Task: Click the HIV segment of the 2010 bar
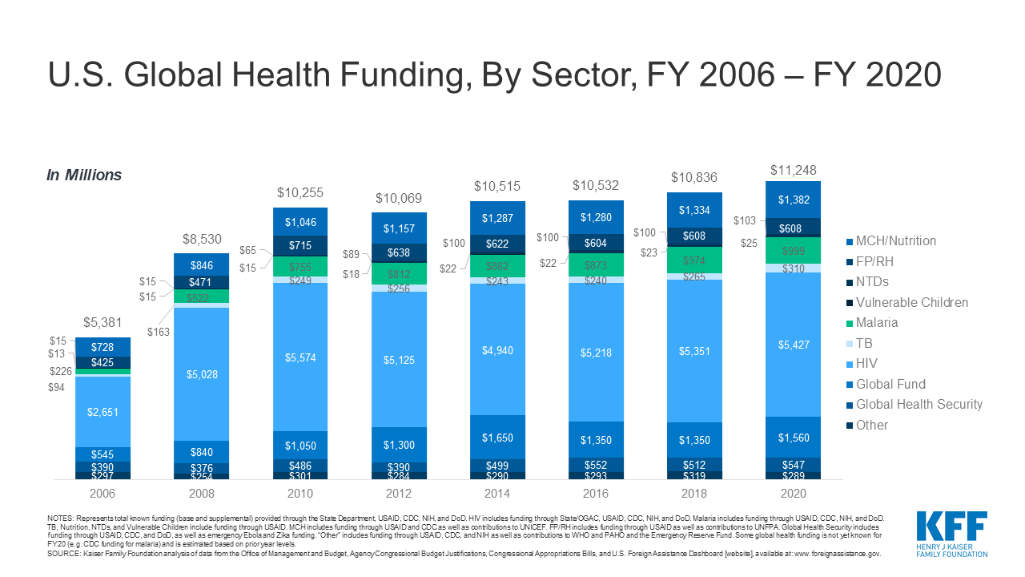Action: coord(300,357)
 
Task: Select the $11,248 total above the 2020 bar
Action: coord(794,170)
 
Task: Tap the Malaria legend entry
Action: coord(876,323)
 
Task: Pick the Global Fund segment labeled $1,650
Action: coord(497,438)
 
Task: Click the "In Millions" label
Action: coord(84,176)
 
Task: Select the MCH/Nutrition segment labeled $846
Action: coord(202,265)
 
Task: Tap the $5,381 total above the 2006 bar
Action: coord(103,323)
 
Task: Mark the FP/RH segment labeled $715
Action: coord(300,245)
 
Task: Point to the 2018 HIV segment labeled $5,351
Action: coord(694,350)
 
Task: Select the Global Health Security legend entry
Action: coord(918,405)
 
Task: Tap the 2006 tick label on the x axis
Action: coord(103,494)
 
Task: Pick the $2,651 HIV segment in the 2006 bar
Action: coord(103,412)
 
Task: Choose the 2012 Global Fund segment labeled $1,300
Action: coord(399,445)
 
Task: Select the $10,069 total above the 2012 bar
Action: coord(399,198)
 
